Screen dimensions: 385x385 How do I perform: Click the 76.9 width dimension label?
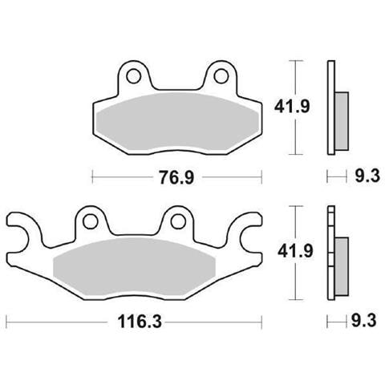pos(176,177)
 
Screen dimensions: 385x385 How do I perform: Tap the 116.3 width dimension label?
pos(140,322)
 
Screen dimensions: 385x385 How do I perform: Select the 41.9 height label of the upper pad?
pos(292,107)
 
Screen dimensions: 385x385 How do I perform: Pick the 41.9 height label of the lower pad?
pos(295,251)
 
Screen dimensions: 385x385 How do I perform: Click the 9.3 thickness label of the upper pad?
pos(367,176)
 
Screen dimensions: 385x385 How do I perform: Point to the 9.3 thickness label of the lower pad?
pos(364,321)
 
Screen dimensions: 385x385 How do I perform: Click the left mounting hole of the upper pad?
pos(133,76)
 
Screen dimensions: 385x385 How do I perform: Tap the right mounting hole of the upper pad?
pos(221,76)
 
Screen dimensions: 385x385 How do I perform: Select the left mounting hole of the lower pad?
pos(91,221)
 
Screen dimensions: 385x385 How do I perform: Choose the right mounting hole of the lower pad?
pos(178,221)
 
